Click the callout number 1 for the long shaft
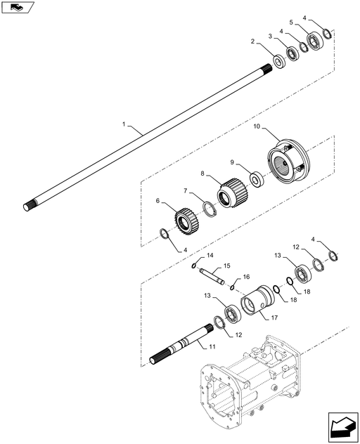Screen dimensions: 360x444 point(124,124)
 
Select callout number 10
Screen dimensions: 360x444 point(257,126)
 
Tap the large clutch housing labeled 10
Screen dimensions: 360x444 point(288,160)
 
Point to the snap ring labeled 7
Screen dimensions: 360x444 point(211,210)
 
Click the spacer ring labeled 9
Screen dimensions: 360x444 point(257,179)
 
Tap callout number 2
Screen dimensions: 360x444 point(252,41)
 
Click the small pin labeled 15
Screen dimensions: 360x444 point(212,276)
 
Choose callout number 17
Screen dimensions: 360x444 point(274,318)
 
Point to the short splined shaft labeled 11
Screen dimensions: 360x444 point(181,344)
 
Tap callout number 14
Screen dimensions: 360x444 point(210,256)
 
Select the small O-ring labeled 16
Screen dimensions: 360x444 point(232,288)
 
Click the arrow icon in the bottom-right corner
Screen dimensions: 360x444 point(343,427)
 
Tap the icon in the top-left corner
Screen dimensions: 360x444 point(18,7)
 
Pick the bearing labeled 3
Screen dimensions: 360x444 point(292,53)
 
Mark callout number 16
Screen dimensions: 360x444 point(246,277)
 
